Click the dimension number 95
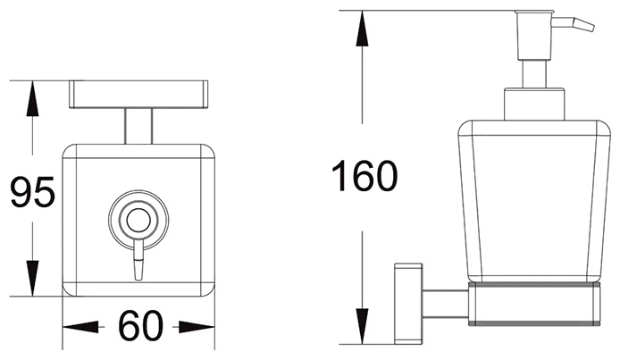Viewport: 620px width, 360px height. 32,192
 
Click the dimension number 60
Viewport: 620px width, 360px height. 140,326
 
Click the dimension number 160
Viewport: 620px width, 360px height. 364,176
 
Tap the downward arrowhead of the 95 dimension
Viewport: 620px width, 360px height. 32,278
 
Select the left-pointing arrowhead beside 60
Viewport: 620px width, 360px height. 80,327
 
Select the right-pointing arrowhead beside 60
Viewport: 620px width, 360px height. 197,327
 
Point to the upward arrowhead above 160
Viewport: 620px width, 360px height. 362,29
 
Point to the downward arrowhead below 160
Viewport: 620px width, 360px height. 362,326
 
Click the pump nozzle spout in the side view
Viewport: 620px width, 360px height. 574,24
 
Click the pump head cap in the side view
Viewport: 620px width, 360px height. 534,35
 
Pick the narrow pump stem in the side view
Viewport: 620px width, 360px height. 534,74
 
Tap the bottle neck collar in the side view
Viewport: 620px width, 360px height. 534,104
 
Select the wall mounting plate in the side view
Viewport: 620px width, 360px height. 408,302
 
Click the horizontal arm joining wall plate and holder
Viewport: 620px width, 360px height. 446,304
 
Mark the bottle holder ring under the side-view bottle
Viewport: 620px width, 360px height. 534,304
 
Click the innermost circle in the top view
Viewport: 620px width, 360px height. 138,220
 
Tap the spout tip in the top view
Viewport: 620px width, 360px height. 138,270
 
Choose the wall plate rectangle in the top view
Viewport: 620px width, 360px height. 138,95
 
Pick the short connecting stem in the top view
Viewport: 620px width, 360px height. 138,126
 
